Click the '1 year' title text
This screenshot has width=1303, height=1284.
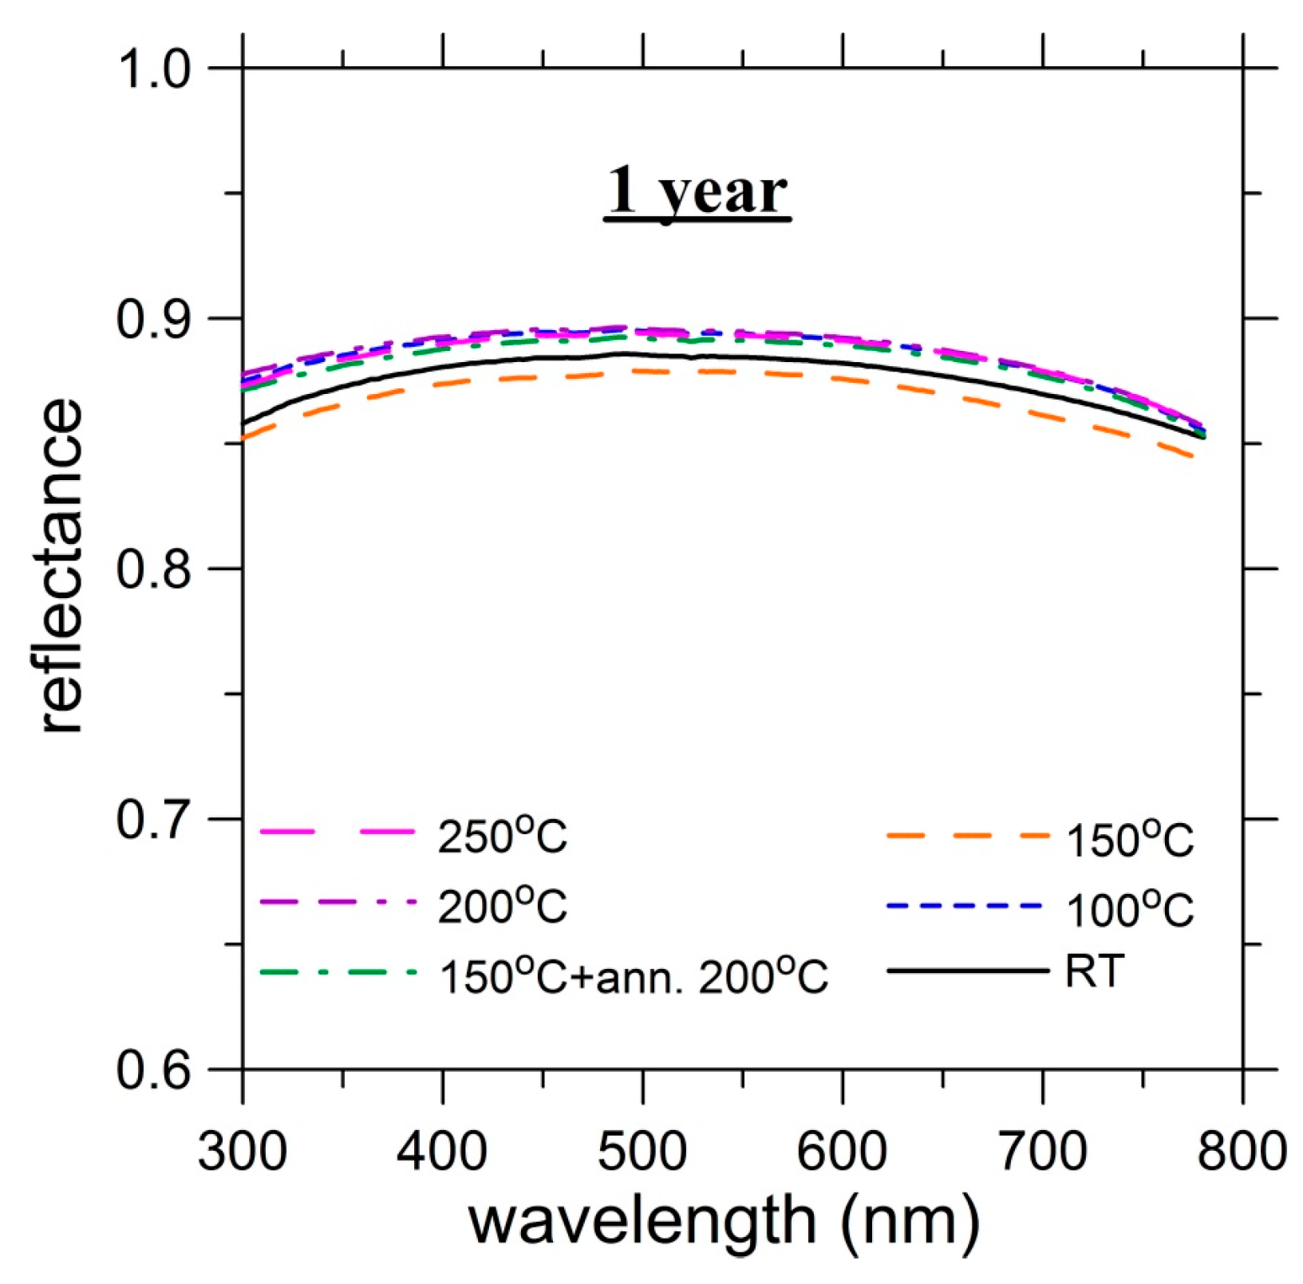point(697,191)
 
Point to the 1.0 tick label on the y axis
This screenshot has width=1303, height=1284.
point(155,69)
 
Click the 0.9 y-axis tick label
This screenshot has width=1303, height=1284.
point(155,319)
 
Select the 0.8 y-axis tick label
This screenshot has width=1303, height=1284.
point(155,569)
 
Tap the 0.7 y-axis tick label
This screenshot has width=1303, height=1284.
point(155,820)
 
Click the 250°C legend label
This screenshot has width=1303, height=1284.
point(502,837)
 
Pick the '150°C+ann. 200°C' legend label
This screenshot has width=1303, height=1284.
point(634,975)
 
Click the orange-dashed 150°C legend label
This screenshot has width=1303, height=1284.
point(1129,839)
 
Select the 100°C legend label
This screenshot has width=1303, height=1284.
point(1129,908)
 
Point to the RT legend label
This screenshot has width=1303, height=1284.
point(1094,971)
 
